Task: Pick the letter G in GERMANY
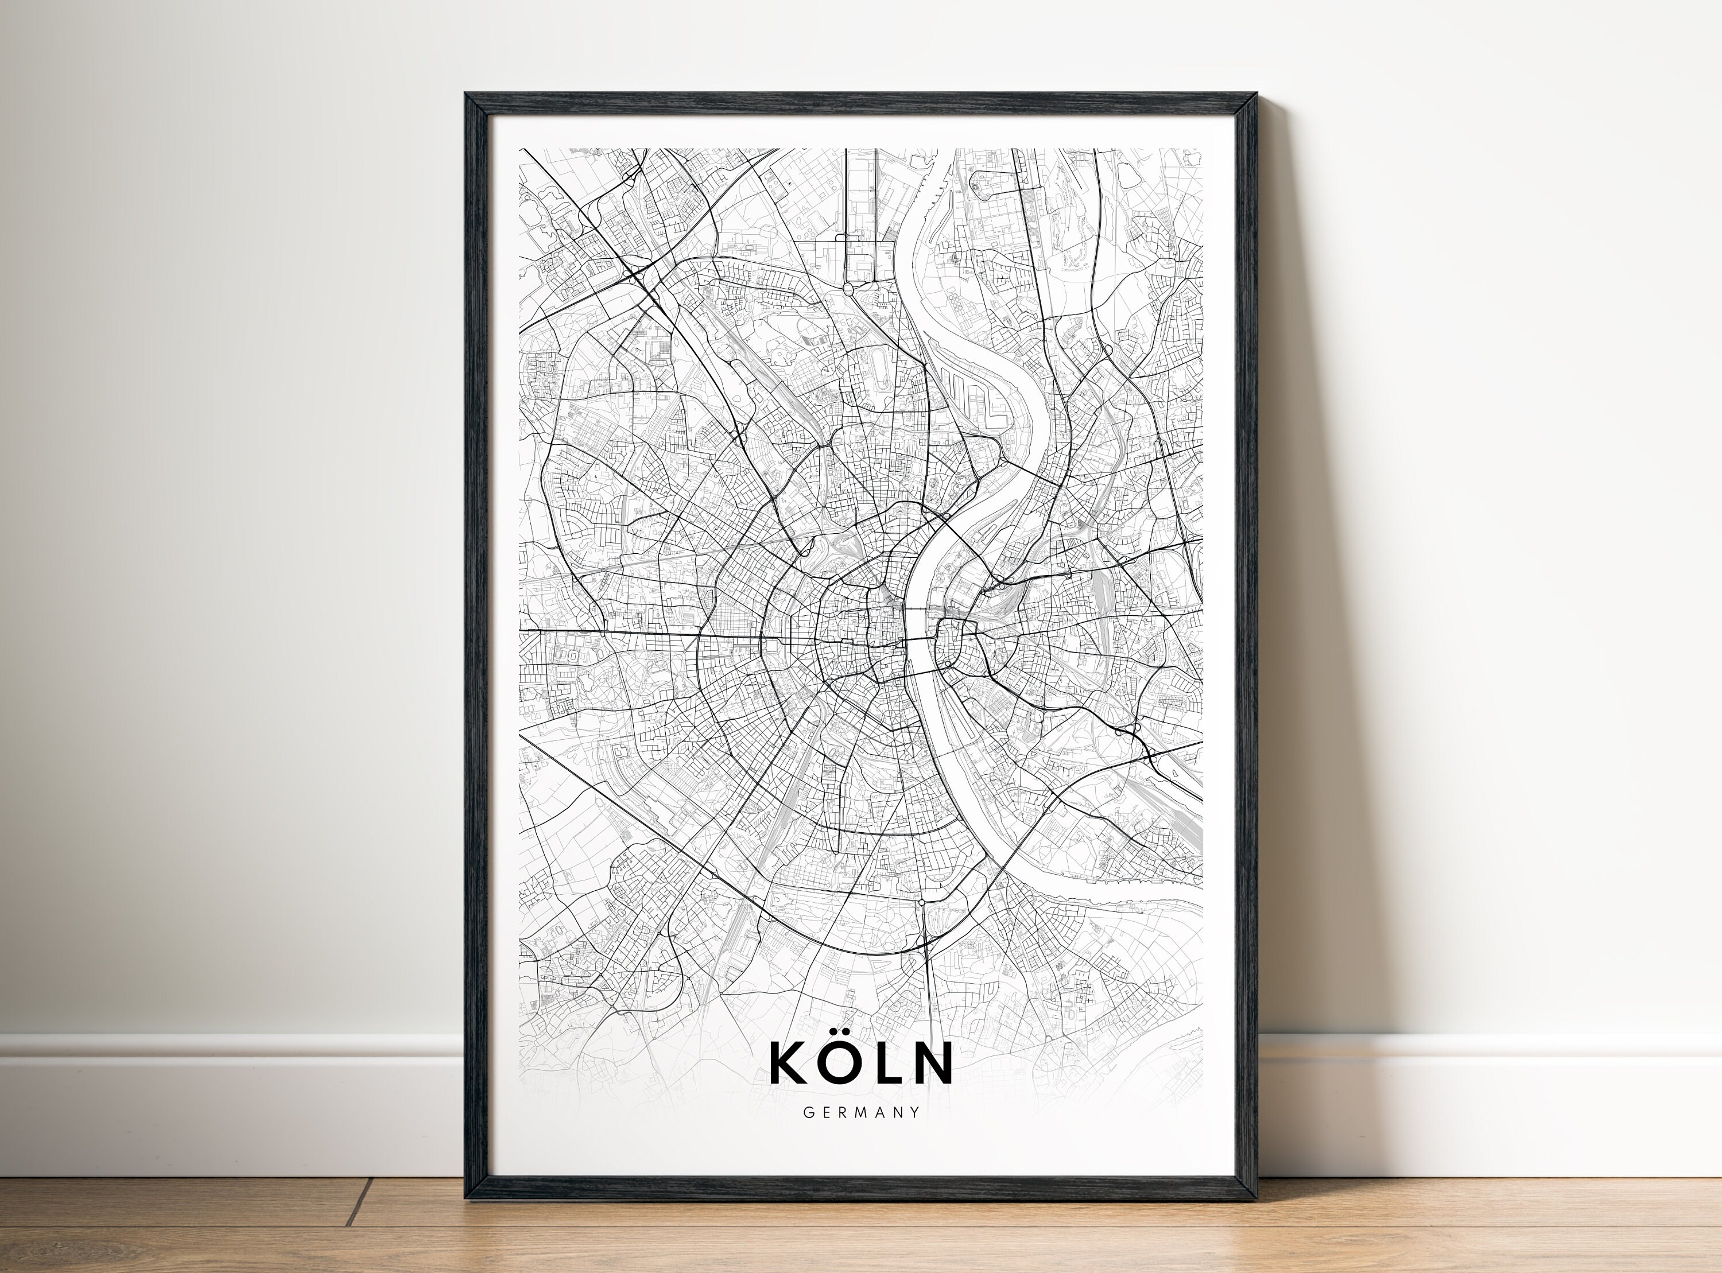(x=808, y=1112)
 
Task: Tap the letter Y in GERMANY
(x=914, y=1112)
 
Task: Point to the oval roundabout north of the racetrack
(x=848, y=288)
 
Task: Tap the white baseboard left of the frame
(x=231, y=1095)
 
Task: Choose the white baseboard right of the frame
(x=1487, y=1095)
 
